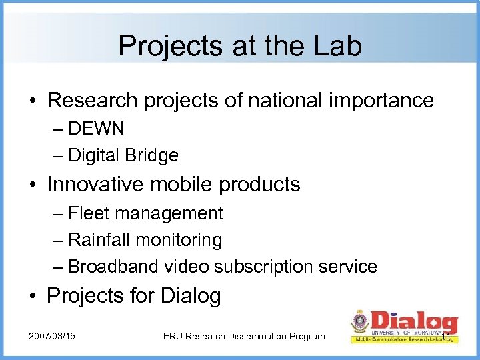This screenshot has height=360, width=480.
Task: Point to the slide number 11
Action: coord(447,330)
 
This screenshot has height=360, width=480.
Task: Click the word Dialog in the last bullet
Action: coord(190,295)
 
